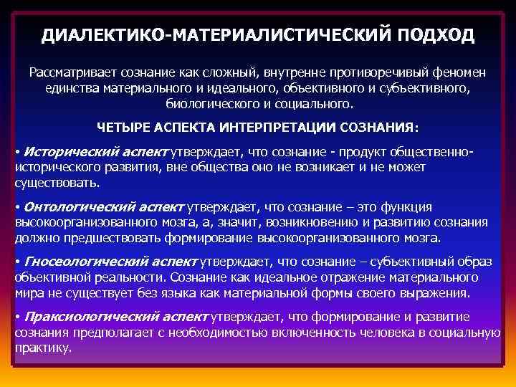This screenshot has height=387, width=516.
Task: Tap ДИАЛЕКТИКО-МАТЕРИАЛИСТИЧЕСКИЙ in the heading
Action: (214, 36)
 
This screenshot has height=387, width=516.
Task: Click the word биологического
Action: (211, 103)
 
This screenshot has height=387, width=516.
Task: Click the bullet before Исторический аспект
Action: (17, 153)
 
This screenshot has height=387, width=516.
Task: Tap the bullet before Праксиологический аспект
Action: (17, 315)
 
